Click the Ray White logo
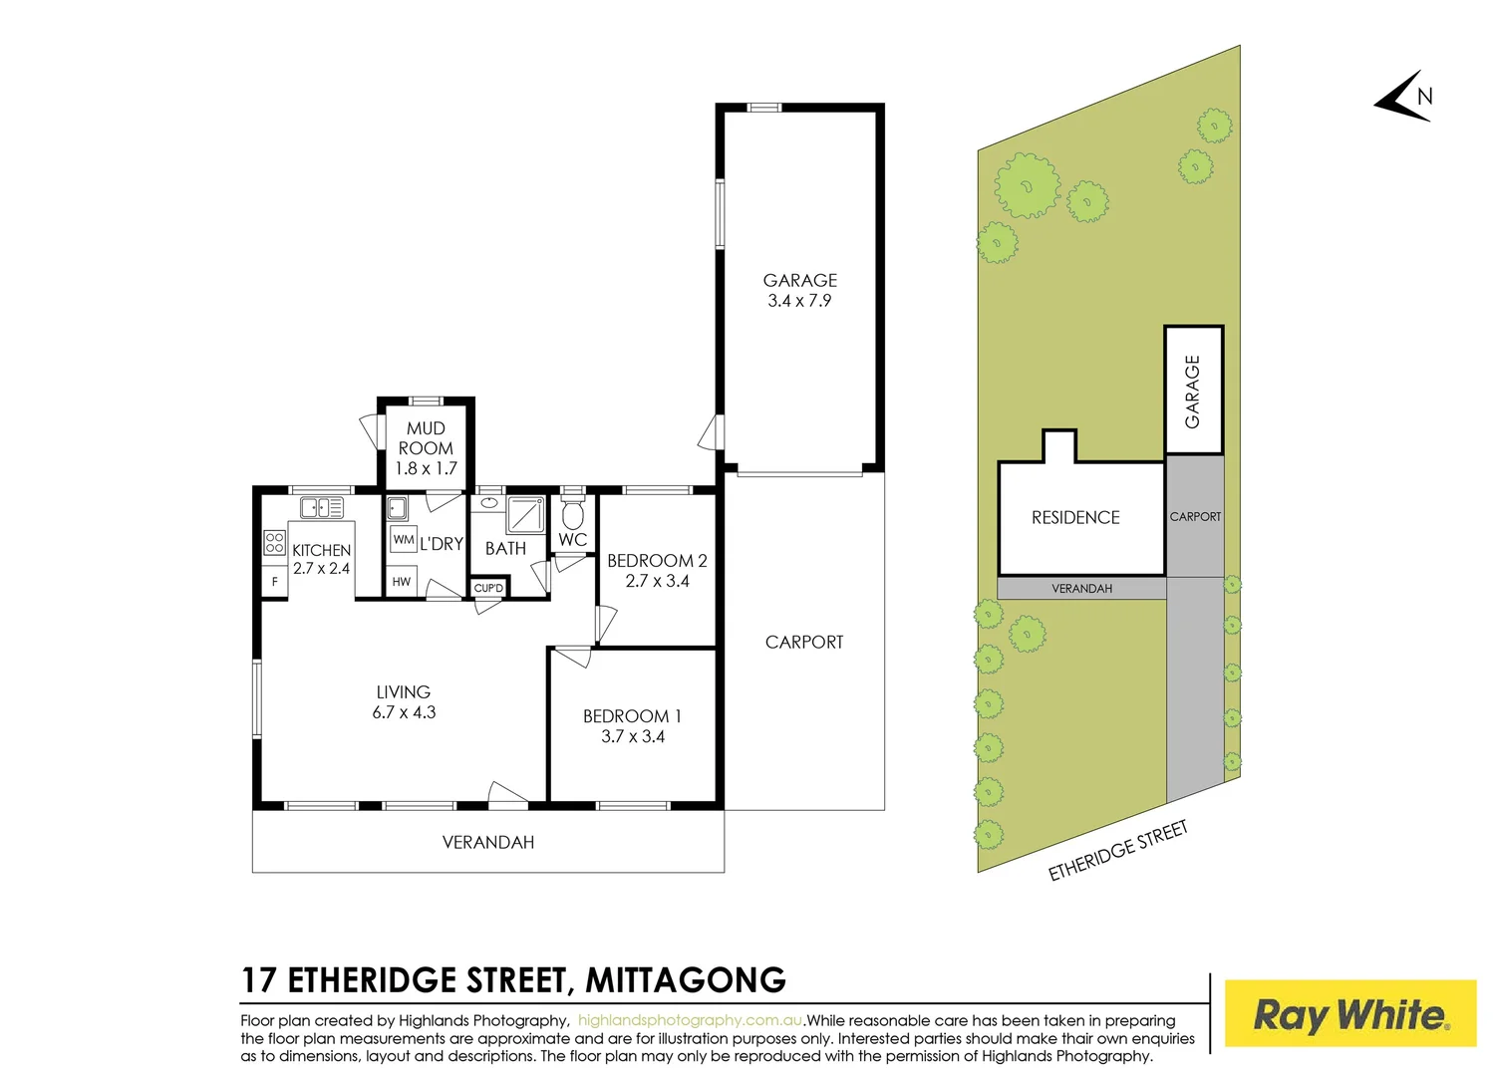pos(1349,1014)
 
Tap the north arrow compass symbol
pos(1405,98)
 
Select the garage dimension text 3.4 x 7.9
pos(799,301)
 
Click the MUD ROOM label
pos(426,438)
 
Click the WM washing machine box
pos(404,540)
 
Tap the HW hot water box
pos(401,582)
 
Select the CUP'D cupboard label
pos(488,588)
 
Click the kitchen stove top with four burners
pos(275,543)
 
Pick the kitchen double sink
pos(321,507)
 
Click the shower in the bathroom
pos(525,515)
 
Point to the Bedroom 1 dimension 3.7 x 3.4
pos(633,737)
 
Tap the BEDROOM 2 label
pos(657,561)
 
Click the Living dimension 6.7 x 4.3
pos(404,712)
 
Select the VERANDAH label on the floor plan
pos(488,843)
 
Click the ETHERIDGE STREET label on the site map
pos(1117,850)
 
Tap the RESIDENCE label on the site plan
pos(1075,518)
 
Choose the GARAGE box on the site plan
pos(1193,391)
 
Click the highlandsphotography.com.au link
pos(690,1020)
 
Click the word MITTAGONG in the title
pos(686,980)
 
